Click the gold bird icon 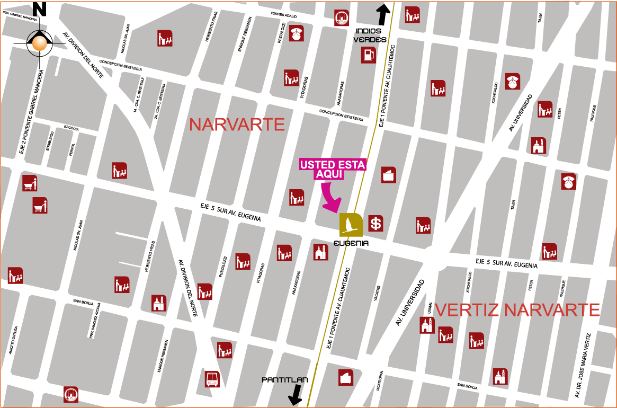pyautogui.click(x=351, y=225)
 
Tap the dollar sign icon pyautogui.click(x=375, y=224)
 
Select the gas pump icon pyautogui.click(x=368, y=55)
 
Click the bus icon pyautogui.click(x=212, y=379)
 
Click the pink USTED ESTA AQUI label pyautogui.click(x=333, y=169)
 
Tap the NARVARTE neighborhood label pyautogui.click(x=237, y=125)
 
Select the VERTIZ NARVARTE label pyautogui.click(x=517, y=309)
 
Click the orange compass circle pyautogui.click(x=39, y=43)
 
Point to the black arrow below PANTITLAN pyautogui.click(x=296, y=395)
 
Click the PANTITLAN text pyautogui.click(x=284, y=380)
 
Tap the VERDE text pyautogui.click(x=366, y=40)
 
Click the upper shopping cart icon pyautogui.click(x=30, y=183)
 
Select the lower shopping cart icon pyautogui.click(x=40, y=205)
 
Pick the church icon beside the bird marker pyautogui.click(x=320, y=252)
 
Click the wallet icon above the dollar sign pyautogui.click(x=388, y=175)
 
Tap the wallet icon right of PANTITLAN pyautogui.click(x=346, y=377)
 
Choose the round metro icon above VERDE pyautogui.click(x=342, y=18)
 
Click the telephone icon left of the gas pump pyautogui.click(x=296, y=34)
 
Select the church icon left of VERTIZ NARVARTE pyautogui.click(x=427, y=325)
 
